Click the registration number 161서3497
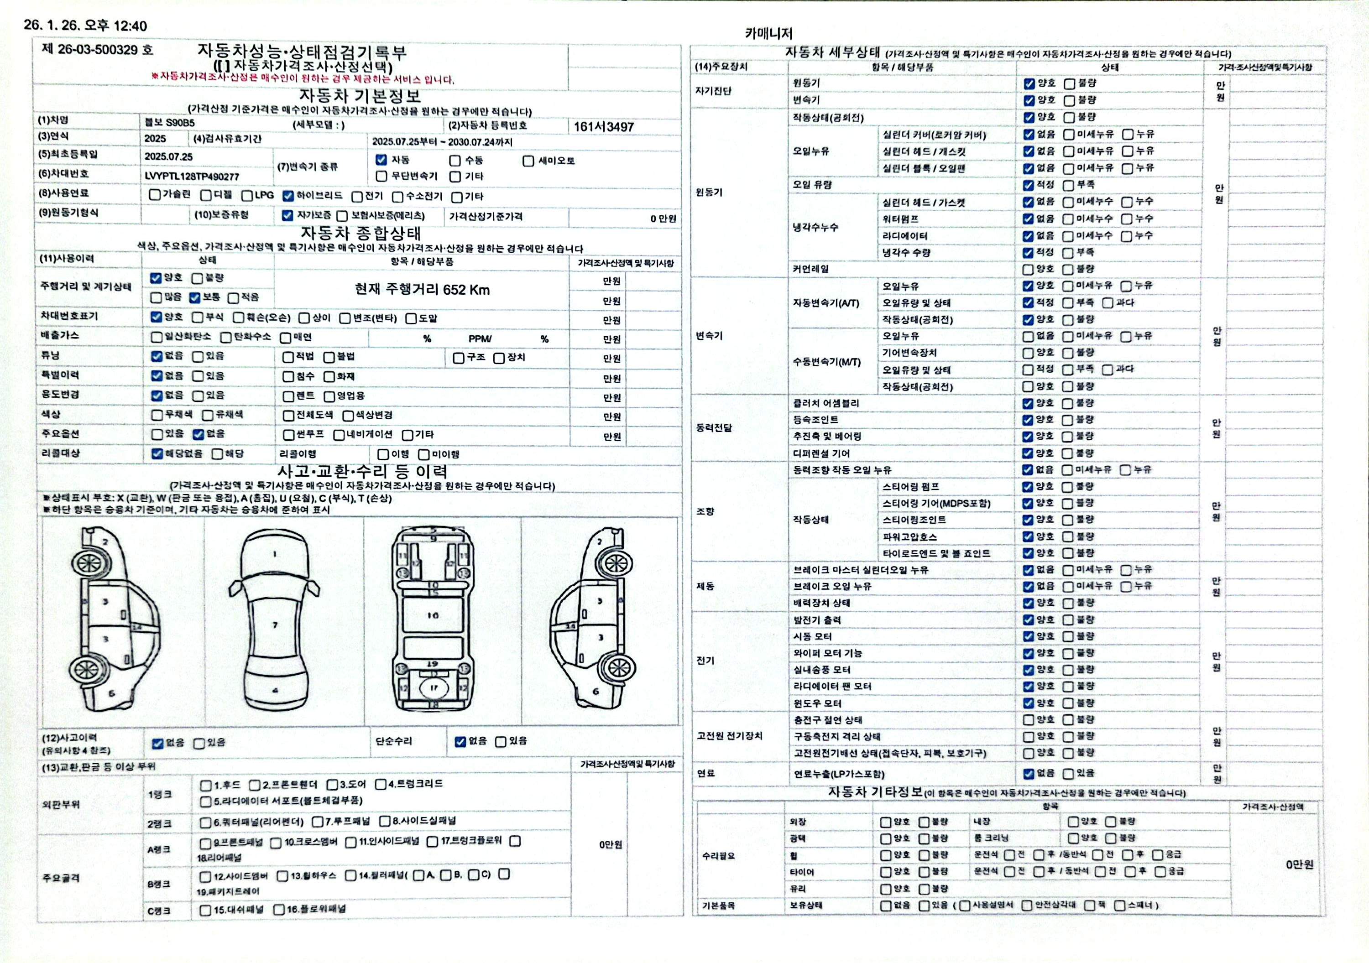coord(603,127)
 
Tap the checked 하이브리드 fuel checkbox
coord(288,195)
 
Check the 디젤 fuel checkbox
coord(206,195)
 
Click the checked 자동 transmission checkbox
coord(381,160)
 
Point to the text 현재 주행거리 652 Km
coord(422,290)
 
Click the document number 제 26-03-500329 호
coord(97,49)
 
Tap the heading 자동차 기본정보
coord(360,95)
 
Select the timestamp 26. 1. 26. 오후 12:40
coord(85,26)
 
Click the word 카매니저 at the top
coord(768,33)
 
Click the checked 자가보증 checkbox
coord(288,215)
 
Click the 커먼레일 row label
coord(810,269)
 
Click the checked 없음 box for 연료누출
coord(1028,774)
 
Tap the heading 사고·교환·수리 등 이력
coord(362,472)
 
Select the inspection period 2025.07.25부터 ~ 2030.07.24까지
coord(442,142)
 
